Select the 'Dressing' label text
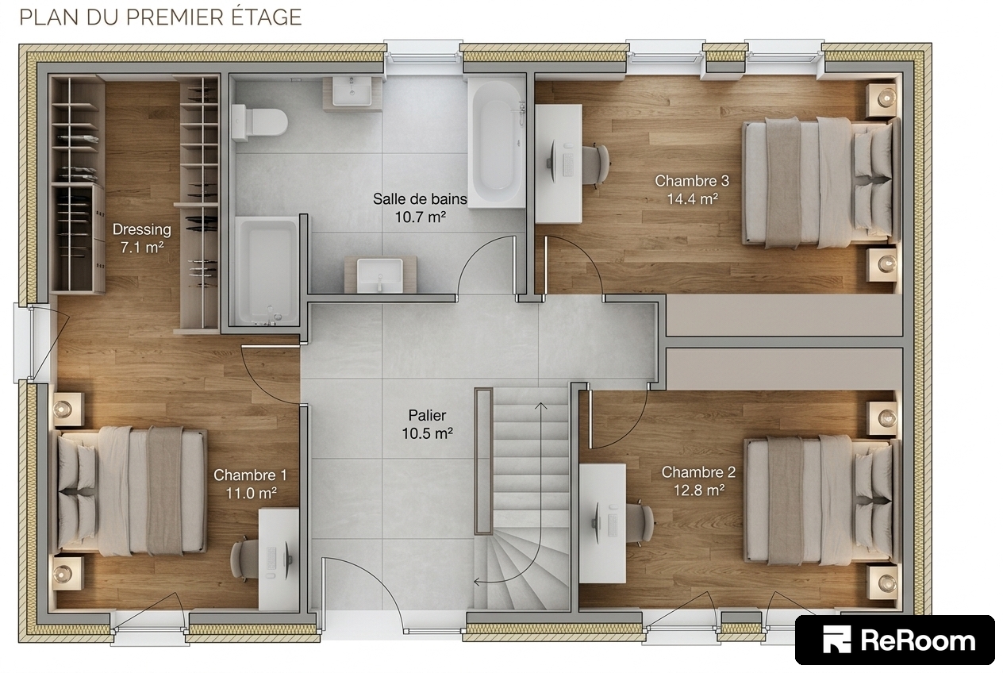pos(141,229)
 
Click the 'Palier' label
pos(427,416)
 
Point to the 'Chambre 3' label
pos(692,181)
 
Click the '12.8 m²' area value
pos(698,490)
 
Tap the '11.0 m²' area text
pos(251,494)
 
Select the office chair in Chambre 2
pos(640,523)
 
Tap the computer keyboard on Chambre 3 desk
pos(568,165)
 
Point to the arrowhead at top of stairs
pos(541,406)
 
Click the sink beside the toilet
pos(352,92)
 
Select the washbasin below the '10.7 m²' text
pos(380,275)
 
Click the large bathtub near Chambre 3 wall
pos(497,142)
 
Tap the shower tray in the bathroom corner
pos(267,271)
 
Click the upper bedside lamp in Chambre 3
pos(886,98)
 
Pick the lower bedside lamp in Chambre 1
pos(63,573)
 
